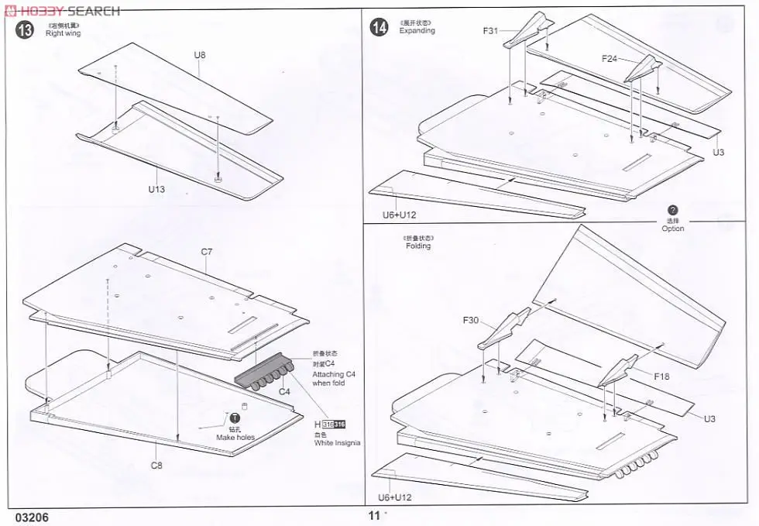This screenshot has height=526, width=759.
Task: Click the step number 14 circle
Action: [379, 28]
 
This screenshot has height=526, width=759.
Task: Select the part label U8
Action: [200, 55]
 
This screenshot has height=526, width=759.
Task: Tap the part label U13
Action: [157, 189]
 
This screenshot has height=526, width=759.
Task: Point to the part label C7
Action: [207, 252]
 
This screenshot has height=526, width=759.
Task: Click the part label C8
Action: [156, 466]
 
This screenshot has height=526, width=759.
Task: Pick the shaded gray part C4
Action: [264, 377]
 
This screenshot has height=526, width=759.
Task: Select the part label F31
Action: [491, 31]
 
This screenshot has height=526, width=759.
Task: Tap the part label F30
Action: [472, 320]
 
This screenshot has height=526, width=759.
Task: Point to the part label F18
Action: [661, 376]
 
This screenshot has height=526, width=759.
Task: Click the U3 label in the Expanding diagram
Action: [719, 153]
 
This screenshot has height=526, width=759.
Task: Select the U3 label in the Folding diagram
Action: [710, 419]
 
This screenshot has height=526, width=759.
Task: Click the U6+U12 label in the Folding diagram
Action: [397, 498]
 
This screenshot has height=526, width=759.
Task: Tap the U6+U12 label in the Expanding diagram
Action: [400, 215]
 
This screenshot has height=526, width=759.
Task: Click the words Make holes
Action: [235, 438]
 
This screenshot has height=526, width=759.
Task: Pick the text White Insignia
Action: [337, 443]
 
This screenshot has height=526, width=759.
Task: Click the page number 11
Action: [375, 516]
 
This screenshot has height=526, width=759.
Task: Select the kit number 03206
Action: [32, 517]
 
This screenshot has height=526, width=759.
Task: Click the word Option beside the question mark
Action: [672, 229]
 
